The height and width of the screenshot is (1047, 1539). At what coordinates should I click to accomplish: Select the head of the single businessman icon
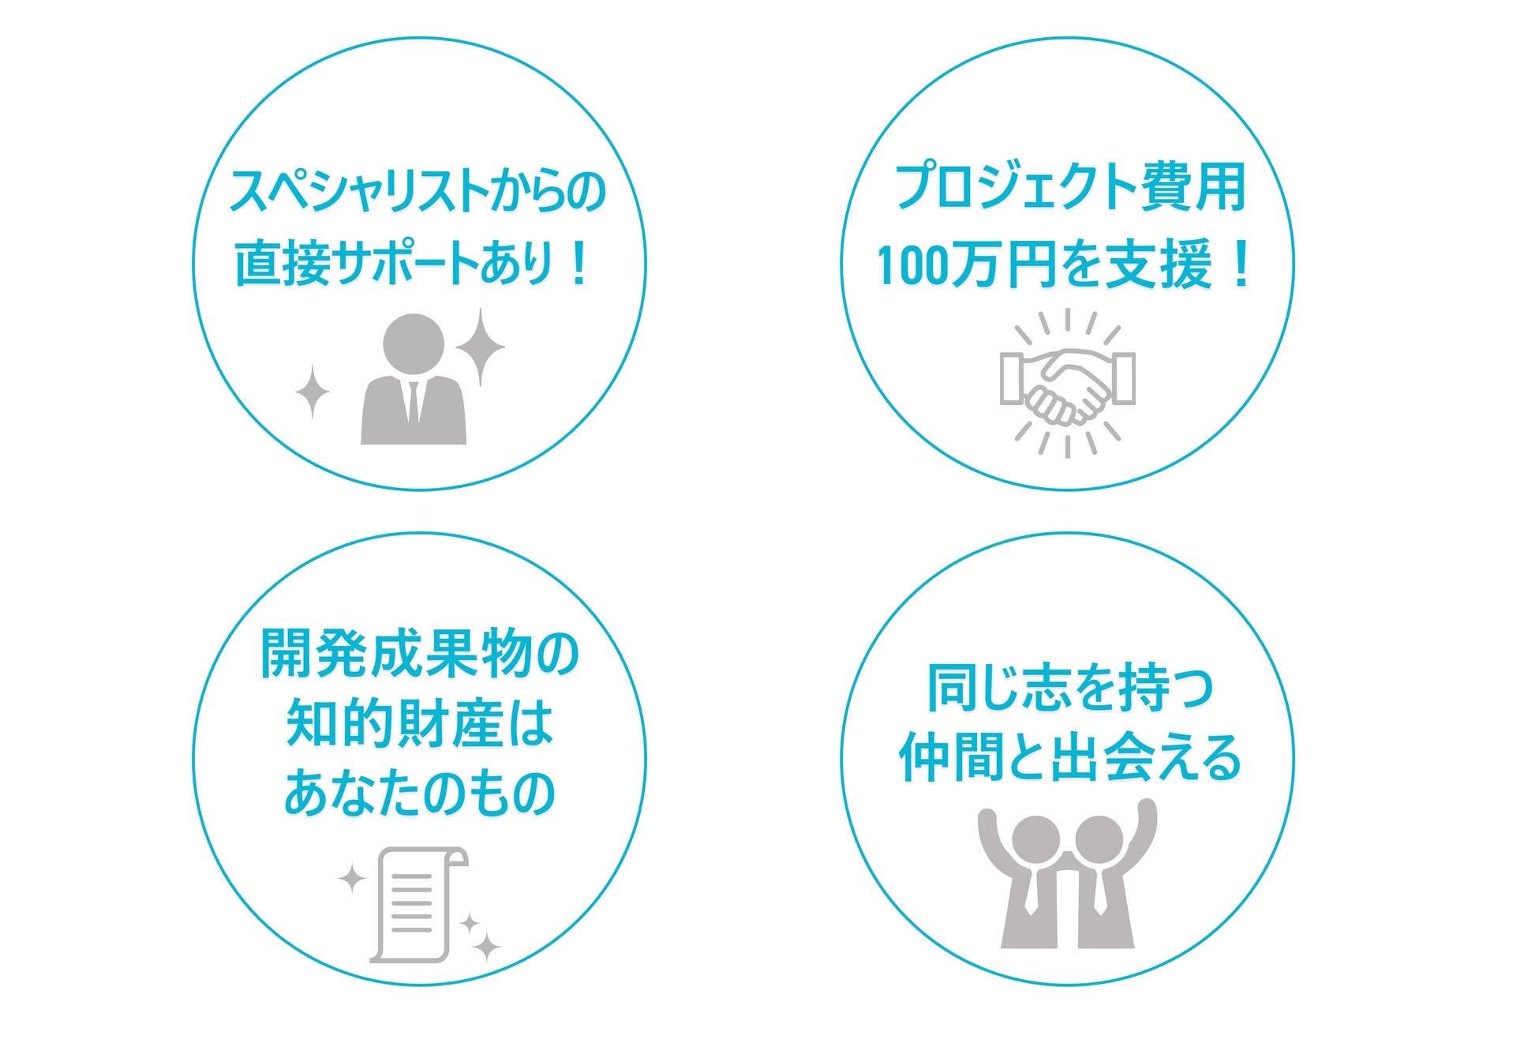[413, 344]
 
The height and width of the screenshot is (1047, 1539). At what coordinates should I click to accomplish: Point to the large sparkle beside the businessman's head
[480, 347]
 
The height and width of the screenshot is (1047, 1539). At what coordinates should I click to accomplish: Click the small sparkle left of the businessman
[313, 391]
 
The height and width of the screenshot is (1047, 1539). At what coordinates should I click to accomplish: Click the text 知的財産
[395, 723]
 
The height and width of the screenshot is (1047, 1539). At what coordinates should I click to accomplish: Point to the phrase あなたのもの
[419, 793]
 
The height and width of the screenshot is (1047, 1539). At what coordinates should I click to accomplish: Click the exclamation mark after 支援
[1241, 265]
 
